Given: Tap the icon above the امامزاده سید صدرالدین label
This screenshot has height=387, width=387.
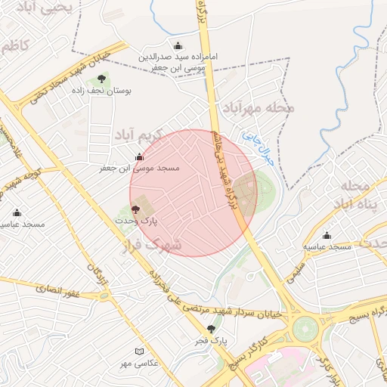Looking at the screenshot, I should click(x=178, y=46).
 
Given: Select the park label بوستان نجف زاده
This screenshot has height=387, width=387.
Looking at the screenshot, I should click(x=106, y=90).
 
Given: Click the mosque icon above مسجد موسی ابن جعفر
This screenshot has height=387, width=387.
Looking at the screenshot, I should click(x=139, y=157).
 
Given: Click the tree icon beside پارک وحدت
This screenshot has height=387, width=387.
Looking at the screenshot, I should click(x=136, y=209).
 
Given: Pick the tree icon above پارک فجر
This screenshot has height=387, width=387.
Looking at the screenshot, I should click(x=211, y=329).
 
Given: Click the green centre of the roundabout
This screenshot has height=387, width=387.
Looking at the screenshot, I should click(x=305, y=330).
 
